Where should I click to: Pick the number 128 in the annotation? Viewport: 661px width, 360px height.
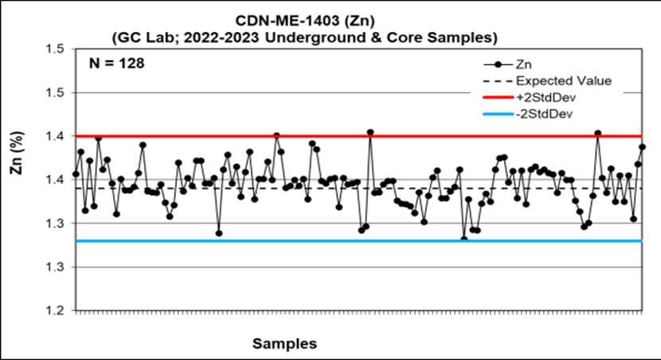click(x=131, y=63)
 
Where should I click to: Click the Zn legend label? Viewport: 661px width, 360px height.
click(x=525, y=65)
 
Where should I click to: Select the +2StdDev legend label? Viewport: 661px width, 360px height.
click(x=546, y=96)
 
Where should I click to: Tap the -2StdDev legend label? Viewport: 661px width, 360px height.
click(x=546, y=113)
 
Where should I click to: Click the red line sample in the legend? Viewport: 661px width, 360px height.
click(x=497, y=96)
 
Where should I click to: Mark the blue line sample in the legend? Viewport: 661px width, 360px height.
click(x=497, y=113)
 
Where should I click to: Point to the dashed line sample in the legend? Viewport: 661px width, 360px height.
click(x=497, y=80)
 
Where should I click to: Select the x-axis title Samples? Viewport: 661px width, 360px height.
click(x=284, y=344)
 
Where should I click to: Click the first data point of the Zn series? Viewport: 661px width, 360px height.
click(x=76, y=174)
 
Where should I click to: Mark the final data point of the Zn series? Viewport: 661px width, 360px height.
click(x=643, y=147)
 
